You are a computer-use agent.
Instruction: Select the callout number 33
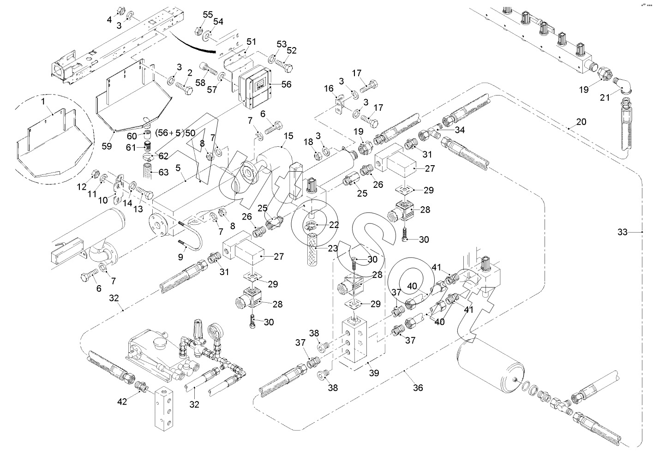tap(623, 232)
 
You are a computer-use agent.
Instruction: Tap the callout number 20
tap(581, 122)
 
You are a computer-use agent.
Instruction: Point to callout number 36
tap(418, 388)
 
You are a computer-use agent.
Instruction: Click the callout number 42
tap(122, 401)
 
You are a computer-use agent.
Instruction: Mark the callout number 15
tap(288, 136)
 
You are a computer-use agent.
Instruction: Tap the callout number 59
tap(107, 147)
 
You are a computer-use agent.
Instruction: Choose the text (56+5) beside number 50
tap(169, 133)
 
